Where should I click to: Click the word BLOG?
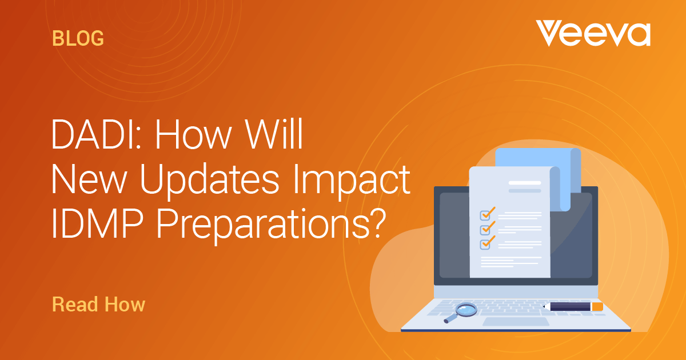[78, 39]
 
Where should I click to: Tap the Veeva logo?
[593, 33]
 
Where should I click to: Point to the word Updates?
[209, 179]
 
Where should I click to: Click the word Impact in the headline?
[352, 179]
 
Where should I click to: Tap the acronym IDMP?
[97, 223]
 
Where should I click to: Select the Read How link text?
[98, 304]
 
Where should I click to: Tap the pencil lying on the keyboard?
[573, 306]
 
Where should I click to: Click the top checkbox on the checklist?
[485, 215]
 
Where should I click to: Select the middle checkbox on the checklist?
[485, 230]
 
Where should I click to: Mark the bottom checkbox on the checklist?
[485, 245]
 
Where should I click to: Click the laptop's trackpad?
[516, 321]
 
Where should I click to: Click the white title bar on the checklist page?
[525, 183]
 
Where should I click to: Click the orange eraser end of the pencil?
[597, 306]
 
